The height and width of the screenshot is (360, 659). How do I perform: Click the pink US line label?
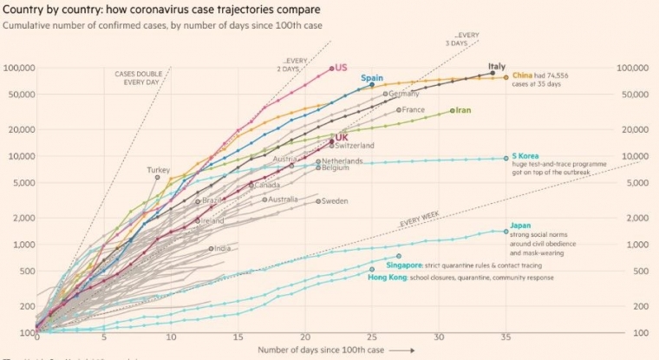pyautogui.click(x=341, y=68)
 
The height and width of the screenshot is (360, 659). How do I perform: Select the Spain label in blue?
pyautogui.click(x=372, y=77)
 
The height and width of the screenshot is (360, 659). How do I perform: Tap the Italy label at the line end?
pyautogui.click(x=496, y=66)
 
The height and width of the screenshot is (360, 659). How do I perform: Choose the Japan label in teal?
pyautogui.click(x=520, y=225)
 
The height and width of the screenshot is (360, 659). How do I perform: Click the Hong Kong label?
pyautogui.click(x=386, y=278)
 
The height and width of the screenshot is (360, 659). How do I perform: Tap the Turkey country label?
pyautogui.click(x=159, y=170)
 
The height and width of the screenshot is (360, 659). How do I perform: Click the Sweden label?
pyautogui.click(x=335, y=201)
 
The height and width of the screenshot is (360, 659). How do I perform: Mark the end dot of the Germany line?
pyautogui.click(x=386, y=94)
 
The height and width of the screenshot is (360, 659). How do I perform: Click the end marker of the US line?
pyautogui.click(x=332, y=69)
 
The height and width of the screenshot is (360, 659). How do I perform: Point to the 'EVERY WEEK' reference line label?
pyautogui.click(x=420, y=222)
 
